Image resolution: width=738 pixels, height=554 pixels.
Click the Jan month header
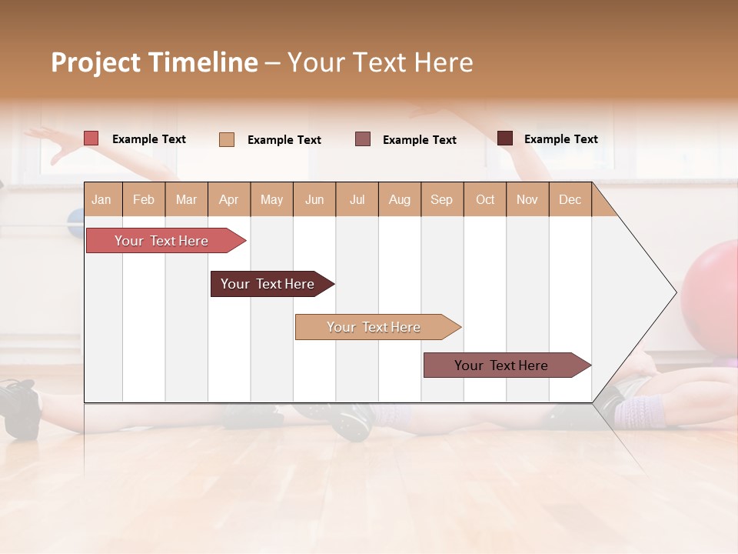click(x=101, y=199)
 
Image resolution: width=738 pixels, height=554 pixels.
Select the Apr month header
click(x=228, y=199)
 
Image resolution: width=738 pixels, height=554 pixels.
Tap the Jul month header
click(x=357, y=199)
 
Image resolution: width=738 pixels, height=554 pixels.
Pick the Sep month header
click(x=441, y=199)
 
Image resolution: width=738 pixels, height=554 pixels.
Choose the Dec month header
click(x=570, y=199)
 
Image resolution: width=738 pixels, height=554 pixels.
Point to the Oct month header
click(x=485, y=199)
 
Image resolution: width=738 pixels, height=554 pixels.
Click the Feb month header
click(x=144, y=199)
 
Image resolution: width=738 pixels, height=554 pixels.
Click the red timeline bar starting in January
click(x=161, y=241)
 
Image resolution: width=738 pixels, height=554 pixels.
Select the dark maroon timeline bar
click(x=268, y=284)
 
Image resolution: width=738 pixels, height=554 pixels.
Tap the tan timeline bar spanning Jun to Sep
click(x=374, y=327)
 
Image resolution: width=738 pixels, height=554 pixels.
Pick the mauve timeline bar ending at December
click(x=501, y=365)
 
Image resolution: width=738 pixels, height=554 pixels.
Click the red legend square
click(x=91, y=138)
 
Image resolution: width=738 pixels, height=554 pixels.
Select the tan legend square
click(x=226, y=139)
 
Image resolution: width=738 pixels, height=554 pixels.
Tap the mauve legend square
click(x=363, y=139)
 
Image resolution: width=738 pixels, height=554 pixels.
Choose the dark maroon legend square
click(x=504, y=138)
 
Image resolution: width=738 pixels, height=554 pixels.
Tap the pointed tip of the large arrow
click(x=675, y=292)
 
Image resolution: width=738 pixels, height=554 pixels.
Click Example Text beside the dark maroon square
click(x=560, y=139)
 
